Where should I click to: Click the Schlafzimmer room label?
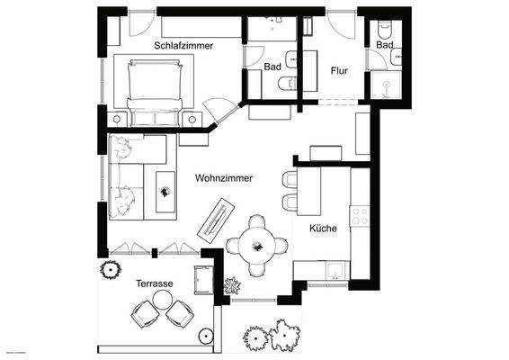click(x=183, y=45)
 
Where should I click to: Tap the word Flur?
click(x=339, y=70)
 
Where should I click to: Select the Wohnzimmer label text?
click(x=223, y=178)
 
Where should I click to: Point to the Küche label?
click(x=323, y=229)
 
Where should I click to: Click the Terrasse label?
click(x=154, y=283)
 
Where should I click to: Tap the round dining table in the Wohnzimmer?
click(x=256, y=242)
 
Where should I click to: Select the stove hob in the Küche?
click(x=360, y=216)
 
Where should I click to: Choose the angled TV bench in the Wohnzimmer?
click(x=217, y=220)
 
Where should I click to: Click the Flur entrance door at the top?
click(x=342, y=24)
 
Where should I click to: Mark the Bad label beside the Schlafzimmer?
click(x=273, y=67)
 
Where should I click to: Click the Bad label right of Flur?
click(x=385, y=45)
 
